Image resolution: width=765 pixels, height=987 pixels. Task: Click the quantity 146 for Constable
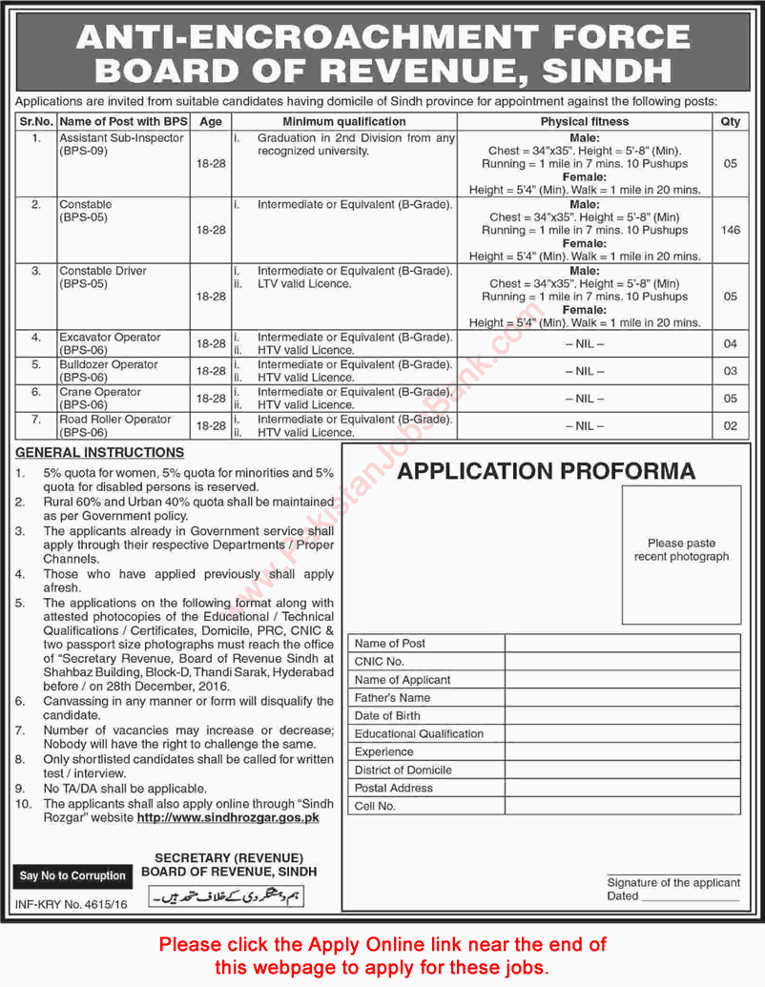coord(731,230)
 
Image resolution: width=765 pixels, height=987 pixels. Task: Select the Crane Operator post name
coord(99,392)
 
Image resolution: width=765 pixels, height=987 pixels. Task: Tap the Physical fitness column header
coord(585,121)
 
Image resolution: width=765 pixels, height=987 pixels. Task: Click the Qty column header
coord(731,121)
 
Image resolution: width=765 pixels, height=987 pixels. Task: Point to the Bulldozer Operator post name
coord(108,364)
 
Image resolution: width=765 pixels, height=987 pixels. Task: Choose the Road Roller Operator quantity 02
coord(731,425)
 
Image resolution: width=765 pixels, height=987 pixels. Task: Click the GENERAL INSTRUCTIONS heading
coord(99,452)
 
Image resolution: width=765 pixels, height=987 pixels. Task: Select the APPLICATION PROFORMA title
coord(546,470)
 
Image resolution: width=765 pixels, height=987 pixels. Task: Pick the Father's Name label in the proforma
coord(392,697)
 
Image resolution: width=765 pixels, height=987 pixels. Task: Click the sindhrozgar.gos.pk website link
coord(228,817)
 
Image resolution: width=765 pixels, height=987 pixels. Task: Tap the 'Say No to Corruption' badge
coord(72,875)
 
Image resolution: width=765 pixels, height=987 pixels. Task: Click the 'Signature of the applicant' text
coord(673,882)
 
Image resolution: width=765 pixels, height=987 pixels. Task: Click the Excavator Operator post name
coord(110,337)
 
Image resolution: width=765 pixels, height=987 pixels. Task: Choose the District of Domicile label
coord(403,770)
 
